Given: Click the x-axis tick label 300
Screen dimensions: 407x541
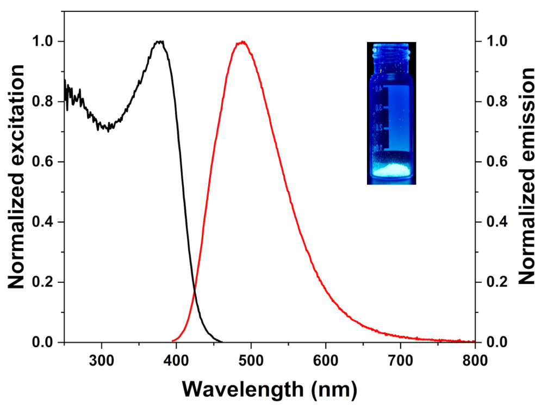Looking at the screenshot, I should (101, 360).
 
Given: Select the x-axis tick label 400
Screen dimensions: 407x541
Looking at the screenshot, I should (176, 360).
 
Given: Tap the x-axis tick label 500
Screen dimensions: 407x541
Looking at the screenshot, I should (251, 360).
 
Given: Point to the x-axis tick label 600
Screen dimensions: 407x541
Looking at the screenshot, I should (325, 360).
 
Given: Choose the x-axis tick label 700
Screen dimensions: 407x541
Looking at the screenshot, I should (400, 360).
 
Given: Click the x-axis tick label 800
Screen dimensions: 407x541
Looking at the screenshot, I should (474, 360).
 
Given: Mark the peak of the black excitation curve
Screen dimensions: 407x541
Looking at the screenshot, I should (159, 41).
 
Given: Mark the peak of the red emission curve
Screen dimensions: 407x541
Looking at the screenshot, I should (242, 42).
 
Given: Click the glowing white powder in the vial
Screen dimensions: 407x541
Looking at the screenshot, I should (392, 170).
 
